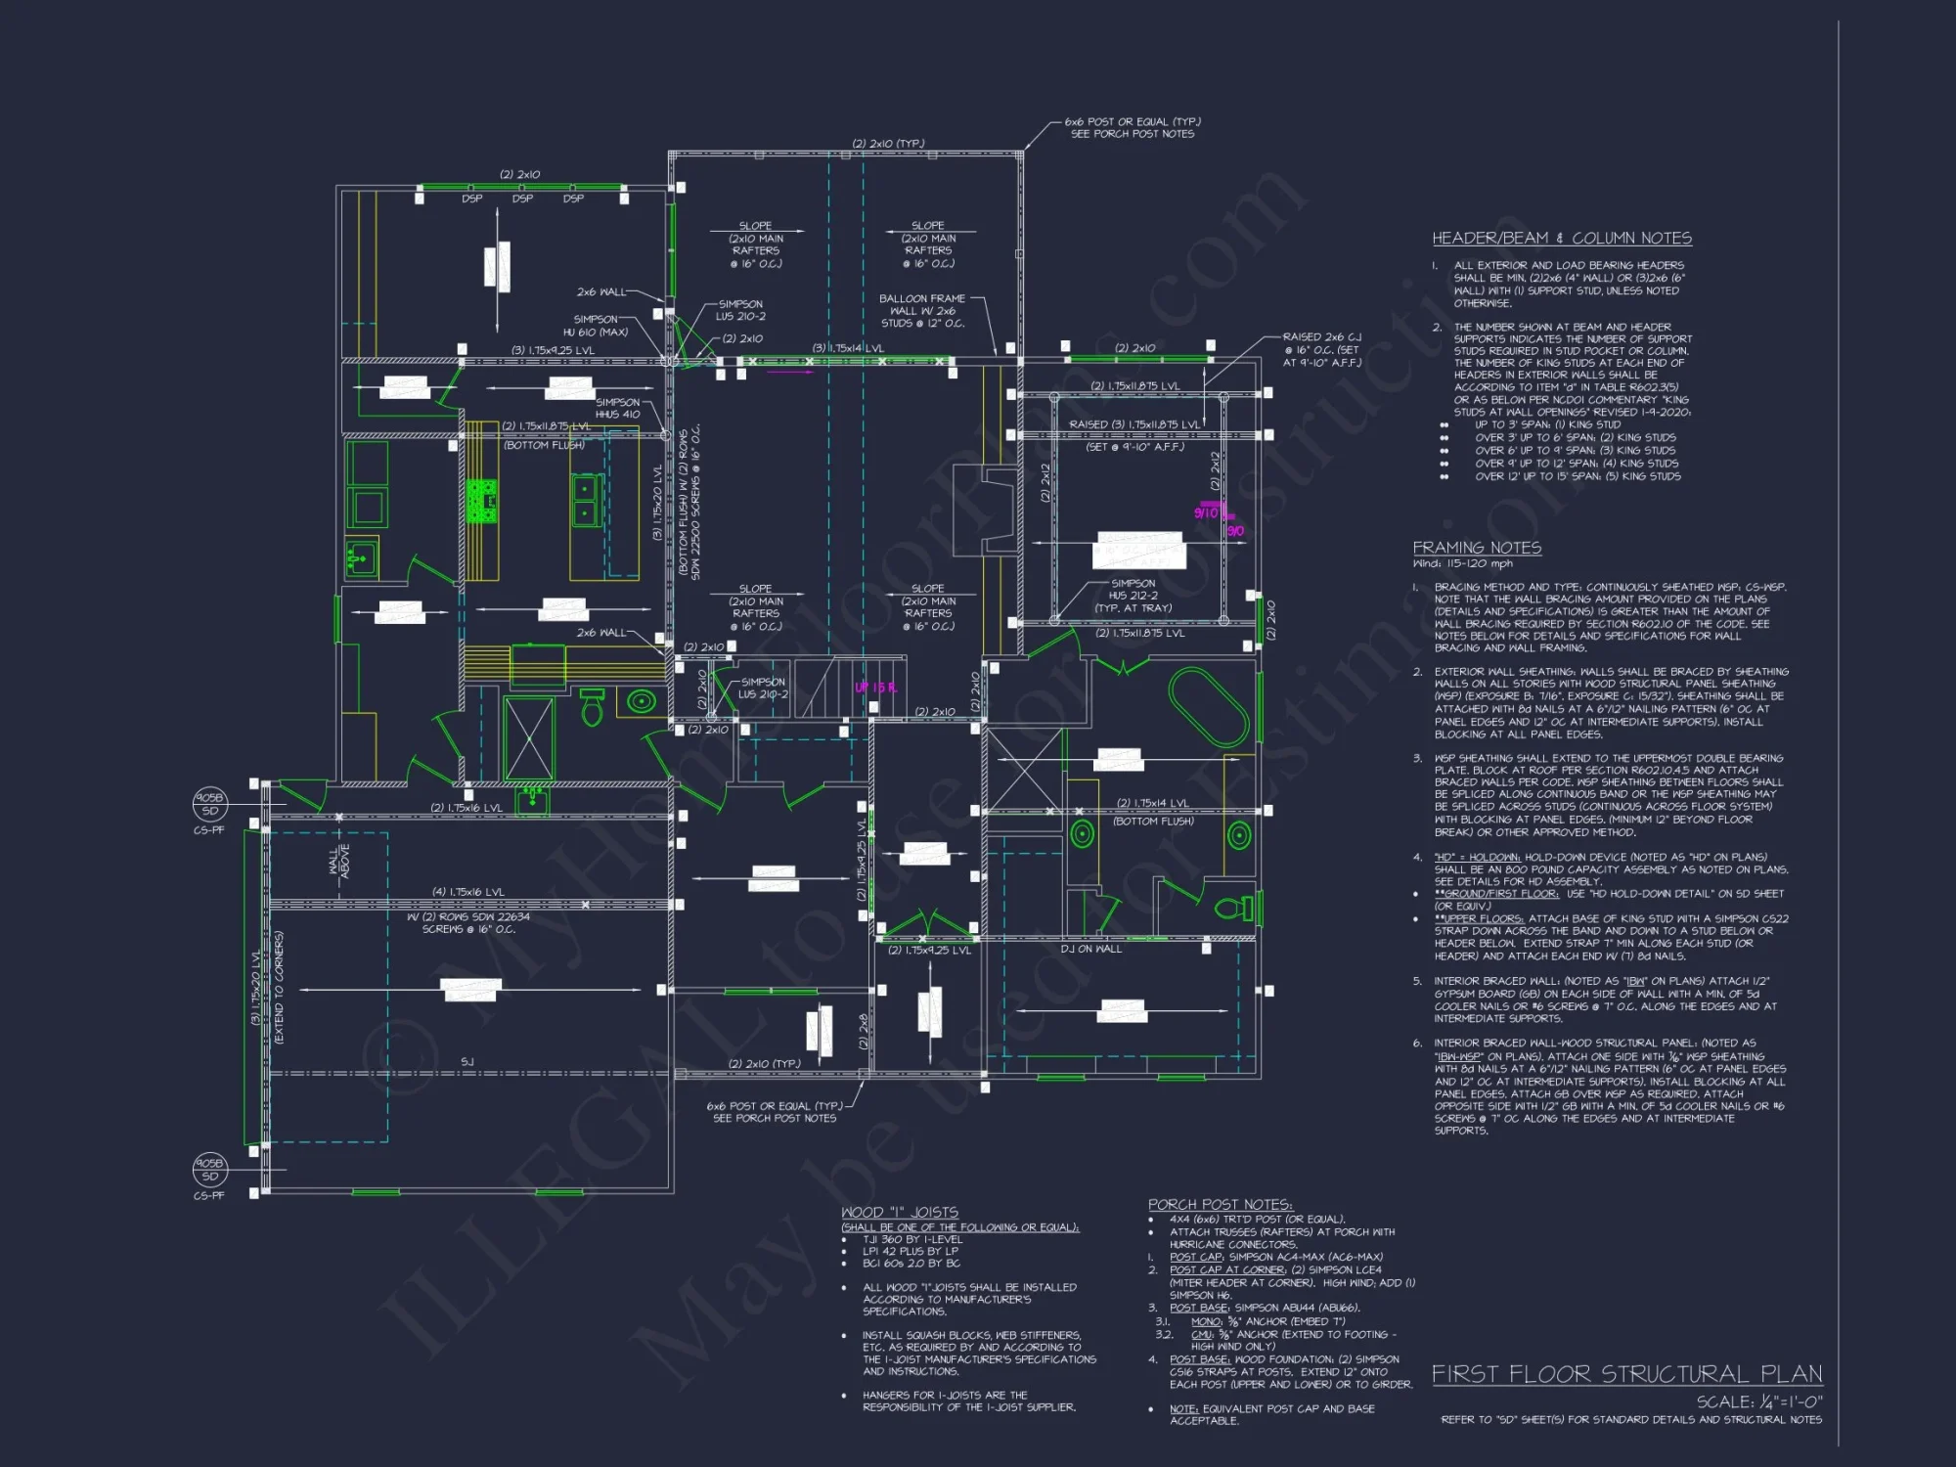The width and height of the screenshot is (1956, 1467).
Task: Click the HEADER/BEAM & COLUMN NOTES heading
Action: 1562,239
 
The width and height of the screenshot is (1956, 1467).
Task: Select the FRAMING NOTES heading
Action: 1477,548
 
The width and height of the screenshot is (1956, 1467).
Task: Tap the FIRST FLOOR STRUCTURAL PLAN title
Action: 1626,1374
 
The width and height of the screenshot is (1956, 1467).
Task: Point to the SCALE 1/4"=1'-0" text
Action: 1759,1401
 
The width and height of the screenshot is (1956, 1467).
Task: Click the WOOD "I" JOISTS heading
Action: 899,1212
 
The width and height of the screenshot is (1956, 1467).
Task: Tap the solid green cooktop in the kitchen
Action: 481,501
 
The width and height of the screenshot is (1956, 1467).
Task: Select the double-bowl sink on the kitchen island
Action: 585,501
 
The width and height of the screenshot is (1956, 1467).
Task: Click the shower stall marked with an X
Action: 529,738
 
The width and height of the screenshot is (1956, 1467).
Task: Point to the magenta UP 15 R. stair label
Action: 875,688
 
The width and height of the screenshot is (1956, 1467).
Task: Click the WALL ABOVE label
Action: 338,861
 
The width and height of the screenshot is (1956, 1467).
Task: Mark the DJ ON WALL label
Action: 1090,949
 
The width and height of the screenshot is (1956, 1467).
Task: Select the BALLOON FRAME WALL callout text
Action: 921,311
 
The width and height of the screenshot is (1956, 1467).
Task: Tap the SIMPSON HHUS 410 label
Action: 617,408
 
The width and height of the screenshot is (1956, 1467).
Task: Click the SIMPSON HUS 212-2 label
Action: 1133,595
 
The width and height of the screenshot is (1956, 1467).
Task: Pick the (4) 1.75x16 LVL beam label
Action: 467,892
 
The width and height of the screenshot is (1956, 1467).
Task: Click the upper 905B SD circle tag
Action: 209,804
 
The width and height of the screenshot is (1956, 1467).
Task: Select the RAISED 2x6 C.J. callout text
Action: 1321,349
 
